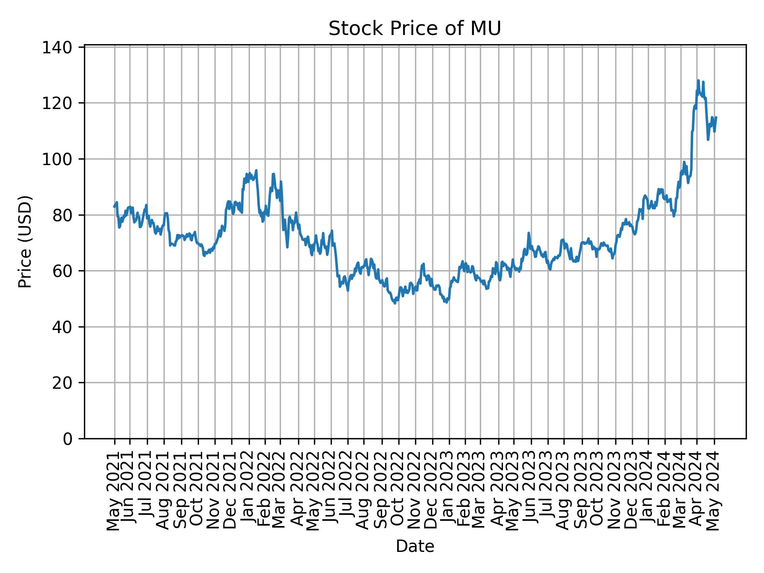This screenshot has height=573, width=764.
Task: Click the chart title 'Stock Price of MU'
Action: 415,29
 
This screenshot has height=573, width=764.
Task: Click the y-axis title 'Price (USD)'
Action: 25,242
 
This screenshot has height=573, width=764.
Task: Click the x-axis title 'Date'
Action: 415,546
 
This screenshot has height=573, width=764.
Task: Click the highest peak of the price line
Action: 698,81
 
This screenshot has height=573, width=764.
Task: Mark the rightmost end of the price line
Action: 716,117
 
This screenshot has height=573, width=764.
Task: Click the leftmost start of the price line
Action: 114,207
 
